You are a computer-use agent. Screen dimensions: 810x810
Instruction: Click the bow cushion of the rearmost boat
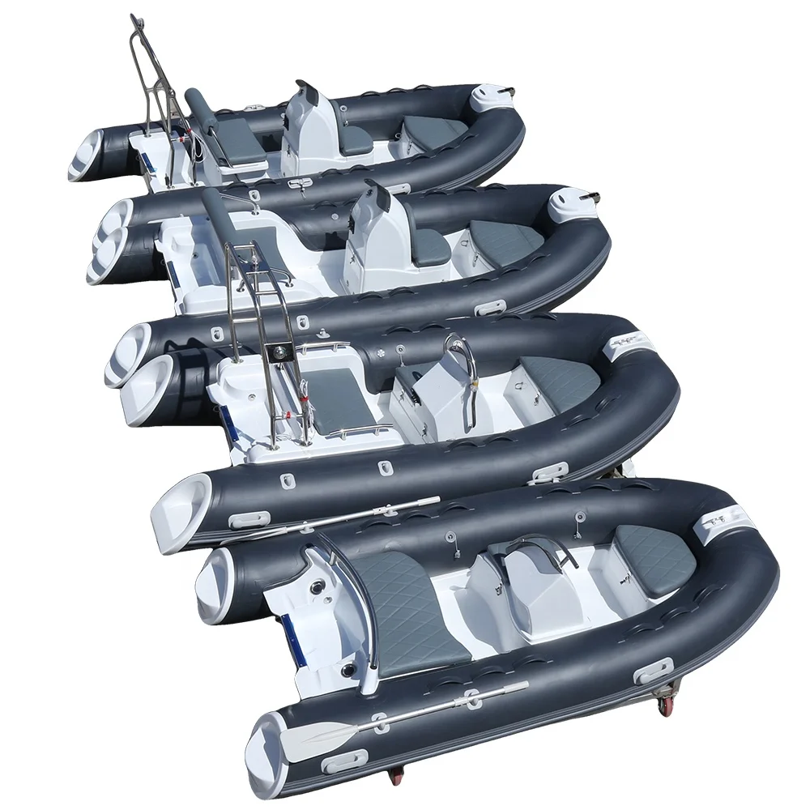[430, 130]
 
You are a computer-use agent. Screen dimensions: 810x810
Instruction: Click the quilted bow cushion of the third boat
[558, 377]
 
